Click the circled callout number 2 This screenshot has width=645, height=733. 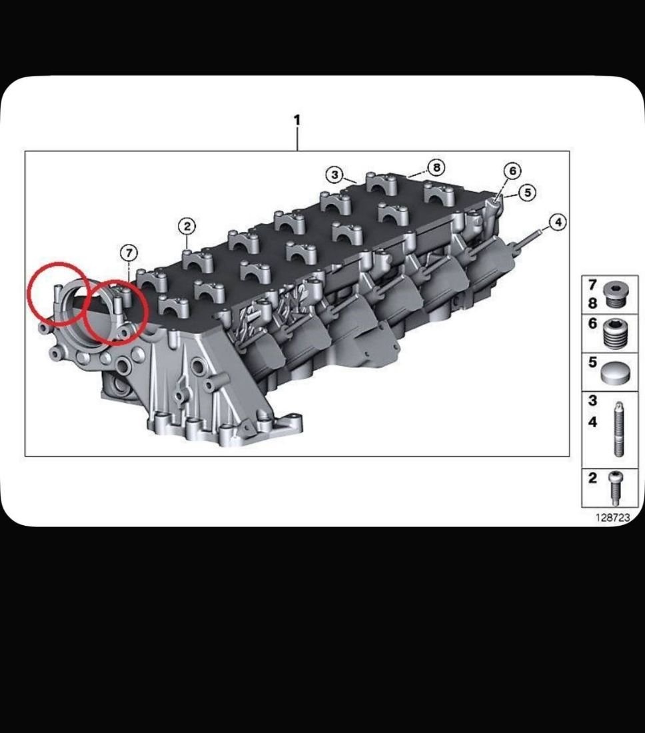coord(187,227)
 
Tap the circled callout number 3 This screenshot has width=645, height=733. coord(334,175)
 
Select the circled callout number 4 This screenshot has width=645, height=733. coord(558,222)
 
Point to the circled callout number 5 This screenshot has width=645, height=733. coord(527,192)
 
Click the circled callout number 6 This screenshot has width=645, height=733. coord(512,171)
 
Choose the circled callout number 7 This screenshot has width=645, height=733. coord(129,253)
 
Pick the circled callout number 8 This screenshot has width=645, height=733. coord(436,167)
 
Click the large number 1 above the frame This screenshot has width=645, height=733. coord(297,120)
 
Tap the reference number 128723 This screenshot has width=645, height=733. coord(613,517)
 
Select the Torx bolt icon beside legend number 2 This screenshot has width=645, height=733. coord(616,488)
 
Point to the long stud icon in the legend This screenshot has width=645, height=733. coord(618,429)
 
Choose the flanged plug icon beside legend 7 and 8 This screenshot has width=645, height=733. coord(614,295)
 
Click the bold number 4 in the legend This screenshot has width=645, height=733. coord(592,422)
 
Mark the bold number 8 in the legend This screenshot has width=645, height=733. coord(592,303)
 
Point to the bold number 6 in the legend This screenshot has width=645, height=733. coord(592,323)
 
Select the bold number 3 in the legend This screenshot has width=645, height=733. coord(592,400)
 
